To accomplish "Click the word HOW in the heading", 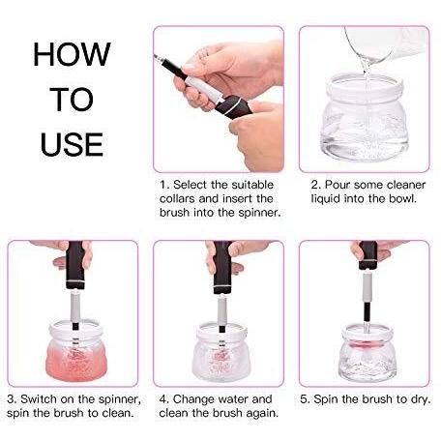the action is pos(72,54).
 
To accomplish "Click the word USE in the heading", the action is pos(72,144).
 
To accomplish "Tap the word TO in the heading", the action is pos(72,100).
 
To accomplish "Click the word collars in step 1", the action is pos(177,198).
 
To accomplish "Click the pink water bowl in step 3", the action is pos(75,351).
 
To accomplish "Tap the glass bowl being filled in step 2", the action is pos(365,118).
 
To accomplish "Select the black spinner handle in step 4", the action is pos(222,267).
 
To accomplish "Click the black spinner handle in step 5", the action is pos(367,254).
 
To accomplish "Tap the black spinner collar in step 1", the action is pos(233,107).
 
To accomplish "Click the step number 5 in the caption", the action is pos(303,399).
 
